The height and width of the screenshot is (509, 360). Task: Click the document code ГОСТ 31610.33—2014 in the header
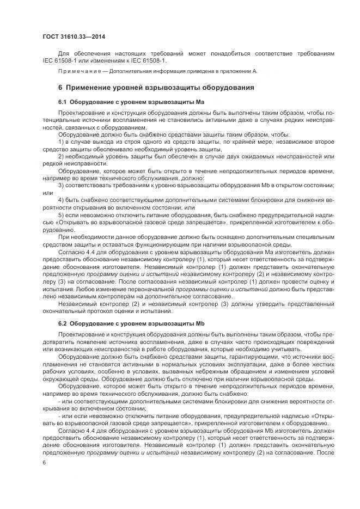(x=74, y=37)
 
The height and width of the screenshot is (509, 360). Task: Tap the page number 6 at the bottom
(x=44, y=462)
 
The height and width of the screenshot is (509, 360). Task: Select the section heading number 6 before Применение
(x=60, y=87)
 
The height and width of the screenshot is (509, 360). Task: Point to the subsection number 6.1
(x=62, y=102)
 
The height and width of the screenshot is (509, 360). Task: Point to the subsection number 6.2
(x=62, y=323)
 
